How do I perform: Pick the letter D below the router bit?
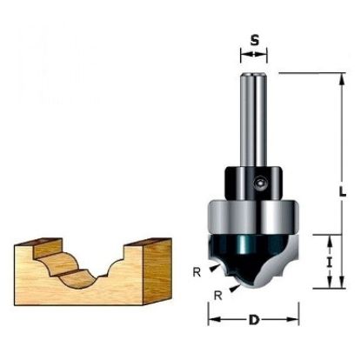pyautogui.click(x=253, y=319)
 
